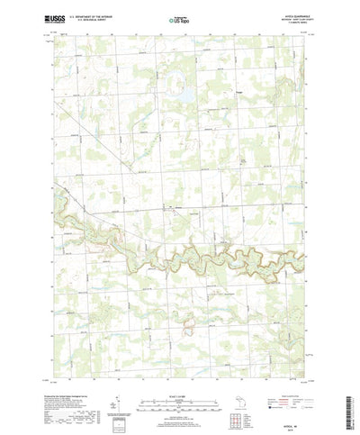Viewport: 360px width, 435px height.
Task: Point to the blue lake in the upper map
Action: click(x=183, y=92)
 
